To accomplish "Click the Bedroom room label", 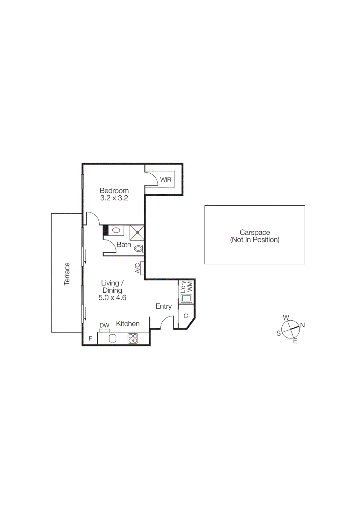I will pyautogui.click(x=114, y=191).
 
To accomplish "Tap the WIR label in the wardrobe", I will pyautogui.click(x=166, y=180).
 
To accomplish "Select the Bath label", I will pyautogui.click(x=124, y=245).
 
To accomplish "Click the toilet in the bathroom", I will pyautogui.click(x=139, y=248).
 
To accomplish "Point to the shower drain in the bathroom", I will pyautogui.click(x=137, y=233).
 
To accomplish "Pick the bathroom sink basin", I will pyautogui.click(x=116, y=230).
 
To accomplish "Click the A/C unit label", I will pyautogui.click(x=138, y=268).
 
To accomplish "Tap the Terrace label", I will pyautogui.click(x=67, y=274).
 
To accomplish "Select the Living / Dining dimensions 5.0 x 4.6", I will pyautogui.click(x=112, y=298).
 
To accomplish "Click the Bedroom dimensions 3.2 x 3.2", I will pyautogui.click(x=114, y=198).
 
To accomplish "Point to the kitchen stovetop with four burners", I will pyautogui.click(x=133, y=338).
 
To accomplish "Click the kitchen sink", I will pyautogui.click(x=112, y=338).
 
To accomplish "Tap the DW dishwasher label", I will pyautogui.click(x=104, y=325).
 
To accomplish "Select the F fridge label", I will pyautogui.click(x=90, y=338).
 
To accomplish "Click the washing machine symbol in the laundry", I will pyautogui.click(x=186, y=298).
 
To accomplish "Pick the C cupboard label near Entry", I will pyautogui.click(x=186, y=316).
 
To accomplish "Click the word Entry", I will pyautogui.click(x=164, y=306).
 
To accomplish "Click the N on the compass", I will pyautogui.click(x=302, y=325).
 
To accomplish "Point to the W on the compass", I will pyautogui.click(x=286, y=317).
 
